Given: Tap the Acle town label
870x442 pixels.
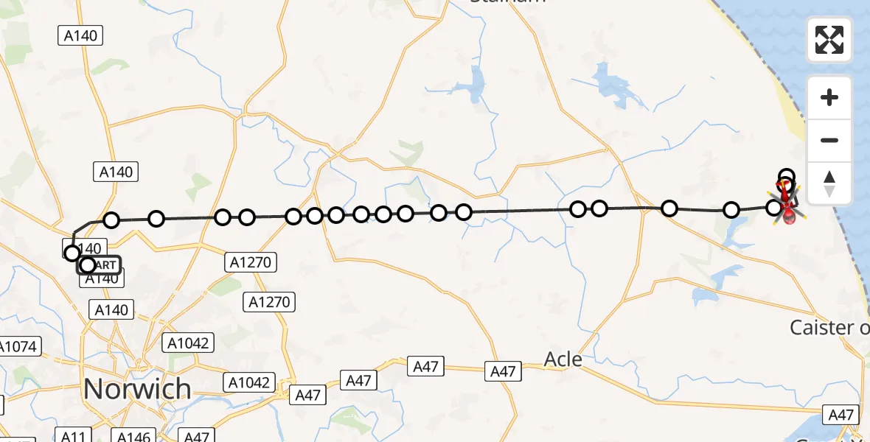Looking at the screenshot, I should pyautogui.click(x=563, y=359).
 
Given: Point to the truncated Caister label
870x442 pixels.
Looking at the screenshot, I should pyautogui.click(x=829, y=327).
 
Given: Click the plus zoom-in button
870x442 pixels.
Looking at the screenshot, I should pyautogui.click(x=829, y=98).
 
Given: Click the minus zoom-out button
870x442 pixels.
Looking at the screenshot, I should pyautogui.click(x=829, y=140).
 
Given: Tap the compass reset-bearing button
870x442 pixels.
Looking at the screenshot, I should pyautogui.click(x=829, y=183).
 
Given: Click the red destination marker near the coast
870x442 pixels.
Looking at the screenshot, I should pyautogui.click(x=788, y=214).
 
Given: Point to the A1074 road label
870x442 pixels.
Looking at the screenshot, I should pyautogui.click(x=21, y=346).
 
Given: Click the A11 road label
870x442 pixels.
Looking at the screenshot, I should pyautogui.click(x=73, y=436).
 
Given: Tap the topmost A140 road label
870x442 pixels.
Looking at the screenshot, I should pyautogui.click(x=80, y=35).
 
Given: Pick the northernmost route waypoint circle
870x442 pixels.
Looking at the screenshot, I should pyautogui.click(x=787, y=177).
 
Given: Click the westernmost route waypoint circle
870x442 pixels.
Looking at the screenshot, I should pyautogui.click(x=72, y=253).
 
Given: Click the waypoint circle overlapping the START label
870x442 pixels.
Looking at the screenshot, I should pyautogui.click(x=88, y=264).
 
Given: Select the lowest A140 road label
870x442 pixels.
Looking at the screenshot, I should pyautogui.click(x=112, y=309).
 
